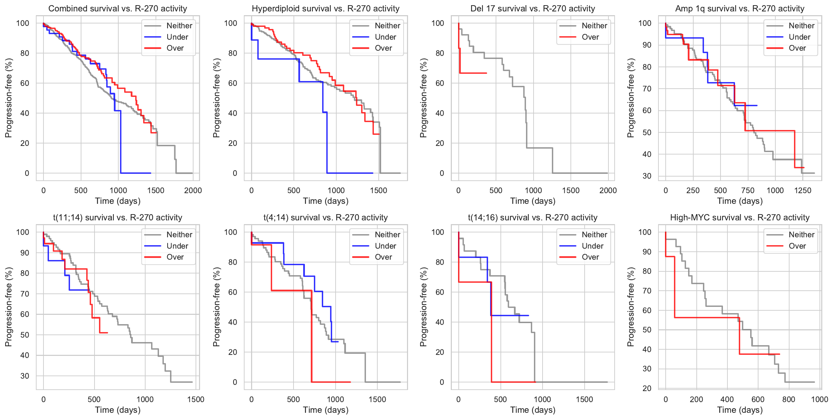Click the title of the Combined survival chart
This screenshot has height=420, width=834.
pos(118,9)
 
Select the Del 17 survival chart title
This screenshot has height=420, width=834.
pos(533,9)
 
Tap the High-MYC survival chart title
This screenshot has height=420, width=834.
pos(739,218)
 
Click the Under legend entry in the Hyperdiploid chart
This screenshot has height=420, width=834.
pos(385,37)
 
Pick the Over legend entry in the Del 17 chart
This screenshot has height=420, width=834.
pos(590,37)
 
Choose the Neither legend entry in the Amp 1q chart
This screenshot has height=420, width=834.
pos(801,26)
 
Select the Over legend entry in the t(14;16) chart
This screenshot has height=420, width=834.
pos(590,257)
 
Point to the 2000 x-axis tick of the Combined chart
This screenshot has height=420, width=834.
pos(193,190)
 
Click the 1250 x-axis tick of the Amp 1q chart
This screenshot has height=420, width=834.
pos(802,190)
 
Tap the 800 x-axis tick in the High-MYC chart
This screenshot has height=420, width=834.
pos(788,399)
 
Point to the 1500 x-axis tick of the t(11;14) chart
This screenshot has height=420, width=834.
pos(196,399)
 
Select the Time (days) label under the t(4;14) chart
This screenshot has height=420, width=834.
pos(326,410)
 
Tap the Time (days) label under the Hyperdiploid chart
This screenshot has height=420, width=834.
pos(326,201)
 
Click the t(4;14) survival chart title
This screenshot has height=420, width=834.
pos(326,218)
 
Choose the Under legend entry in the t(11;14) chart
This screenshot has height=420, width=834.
pos(177,246)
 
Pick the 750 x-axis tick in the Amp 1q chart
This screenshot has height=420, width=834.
pos(748,190)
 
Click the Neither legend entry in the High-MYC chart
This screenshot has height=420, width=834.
pos(801,234)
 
